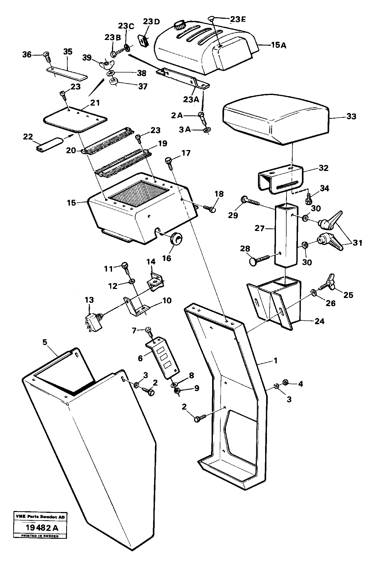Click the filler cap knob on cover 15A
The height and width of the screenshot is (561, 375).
tap(180, 26)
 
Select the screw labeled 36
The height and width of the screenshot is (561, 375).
tap(47, 57)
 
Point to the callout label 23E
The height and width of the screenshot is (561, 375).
tap(238, 19)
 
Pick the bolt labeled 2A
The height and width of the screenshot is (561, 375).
tap(202, 117)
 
